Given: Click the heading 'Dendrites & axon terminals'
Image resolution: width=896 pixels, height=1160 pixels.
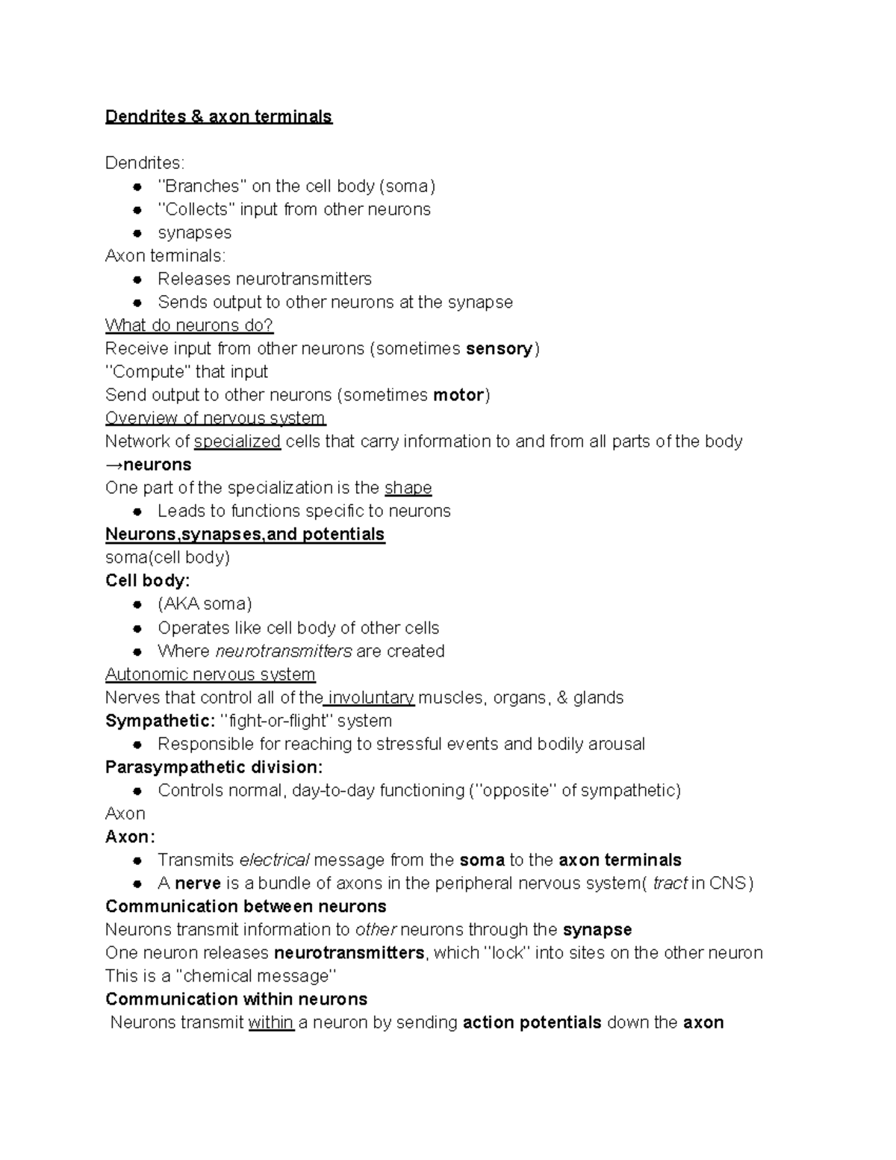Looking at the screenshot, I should click(x=218, y=117).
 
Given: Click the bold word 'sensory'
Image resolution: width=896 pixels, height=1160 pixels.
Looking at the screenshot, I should click(x=499, y=349).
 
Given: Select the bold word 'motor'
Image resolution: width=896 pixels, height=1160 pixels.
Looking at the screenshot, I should click(x=458, y=395).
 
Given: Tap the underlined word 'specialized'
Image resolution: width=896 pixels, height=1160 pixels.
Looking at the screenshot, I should click(x=237, y=441).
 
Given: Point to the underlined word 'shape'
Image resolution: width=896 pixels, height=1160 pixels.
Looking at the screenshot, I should click(x=408, y=488).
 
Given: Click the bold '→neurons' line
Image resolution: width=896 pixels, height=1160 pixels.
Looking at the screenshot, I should click(x=148, y=465).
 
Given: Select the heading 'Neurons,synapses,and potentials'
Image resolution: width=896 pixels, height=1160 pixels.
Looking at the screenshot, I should click(x=245, y=534).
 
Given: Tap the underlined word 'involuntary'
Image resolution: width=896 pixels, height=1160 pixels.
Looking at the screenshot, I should click(x=370, y=698).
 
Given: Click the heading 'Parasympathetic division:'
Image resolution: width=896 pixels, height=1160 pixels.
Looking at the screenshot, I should click(x=214, y=767).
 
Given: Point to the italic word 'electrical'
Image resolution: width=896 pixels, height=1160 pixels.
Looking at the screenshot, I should click(x=274, y=860).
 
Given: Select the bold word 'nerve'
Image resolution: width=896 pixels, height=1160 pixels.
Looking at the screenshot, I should click(x=198, y=883).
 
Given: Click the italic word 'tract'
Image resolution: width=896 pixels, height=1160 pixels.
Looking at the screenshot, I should click(x=670, y=883).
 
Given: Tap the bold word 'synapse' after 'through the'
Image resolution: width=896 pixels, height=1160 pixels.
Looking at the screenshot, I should click(x=597, y=930).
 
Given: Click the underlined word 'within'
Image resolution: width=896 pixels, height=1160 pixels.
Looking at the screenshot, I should click(x=271, y=1023).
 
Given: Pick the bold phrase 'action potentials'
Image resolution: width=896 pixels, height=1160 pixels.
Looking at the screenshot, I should click(x=532, y=1023).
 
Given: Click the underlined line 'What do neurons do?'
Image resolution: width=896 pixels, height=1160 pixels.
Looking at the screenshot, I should click(x=190, y=326).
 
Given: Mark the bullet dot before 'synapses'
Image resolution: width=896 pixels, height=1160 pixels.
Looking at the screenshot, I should click(x=137, y=233).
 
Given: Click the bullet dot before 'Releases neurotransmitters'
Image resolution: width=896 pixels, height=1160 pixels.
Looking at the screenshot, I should click(x=137, y=279).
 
